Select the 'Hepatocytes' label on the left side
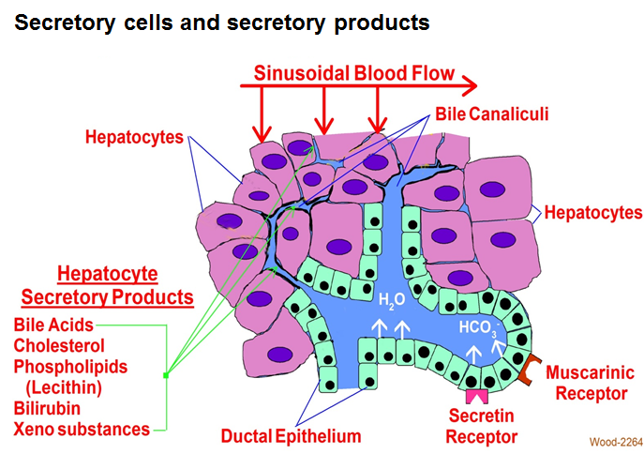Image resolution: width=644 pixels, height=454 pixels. click(x=134, y=137)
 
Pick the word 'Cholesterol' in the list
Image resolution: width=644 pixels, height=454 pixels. click(x=60, y=345)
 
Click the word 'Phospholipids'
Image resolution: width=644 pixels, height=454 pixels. click(x=70, y=366)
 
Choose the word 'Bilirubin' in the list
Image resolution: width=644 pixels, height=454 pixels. click(x=46, y=408)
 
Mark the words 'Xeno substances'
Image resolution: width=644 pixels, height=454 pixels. click(x=82, y=429)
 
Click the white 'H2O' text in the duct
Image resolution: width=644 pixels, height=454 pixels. click(x=393, y=301)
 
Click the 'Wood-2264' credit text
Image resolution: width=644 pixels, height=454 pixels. click(x=613, y=441)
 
